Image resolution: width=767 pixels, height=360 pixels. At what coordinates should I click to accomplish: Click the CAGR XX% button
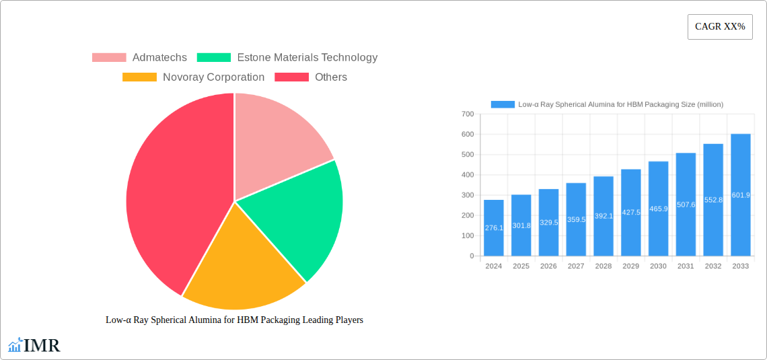point(719,27)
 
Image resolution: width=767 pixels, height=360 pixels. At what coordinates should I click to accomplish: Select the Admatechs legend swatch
point(109,58)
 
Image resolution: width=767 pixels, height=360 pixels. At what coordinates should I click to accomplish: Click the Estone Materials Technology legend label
point(307,58)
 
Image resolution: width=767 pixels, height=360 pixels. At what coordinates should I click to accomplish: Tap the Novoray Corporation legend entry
point(213,77)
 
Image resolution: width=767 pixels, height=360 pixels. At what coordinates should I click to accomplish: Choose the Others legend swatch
point(291,77)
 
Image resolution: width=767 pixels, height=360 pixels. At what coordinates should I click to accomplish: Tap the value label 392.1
point(604,216)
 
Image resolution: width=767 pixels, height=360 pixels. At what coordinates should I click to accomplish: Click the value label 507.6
point(686,205)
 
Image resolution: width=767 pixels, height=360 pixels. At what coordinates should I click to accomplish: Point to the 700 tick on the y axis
point(467,114)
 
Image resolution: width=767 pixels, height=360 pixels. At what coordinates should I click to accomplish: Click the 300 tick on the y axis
point(467,195)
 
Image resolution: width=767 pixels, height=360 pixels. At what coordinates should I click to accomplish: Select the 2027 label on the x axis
point(576,266)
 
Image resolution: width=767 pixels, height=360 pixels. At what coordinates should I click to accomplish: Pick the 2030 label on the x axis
point(658,266)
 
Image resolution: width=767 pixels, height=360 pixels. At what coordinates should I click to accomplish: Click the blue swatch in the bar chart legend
point(503,104)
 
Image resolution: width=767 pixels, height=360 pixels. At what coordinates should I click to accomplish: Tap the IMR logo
point(34,346)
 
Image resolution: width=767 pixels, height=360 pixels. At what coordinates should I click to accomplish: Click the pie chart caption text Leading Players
point(234,320)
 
